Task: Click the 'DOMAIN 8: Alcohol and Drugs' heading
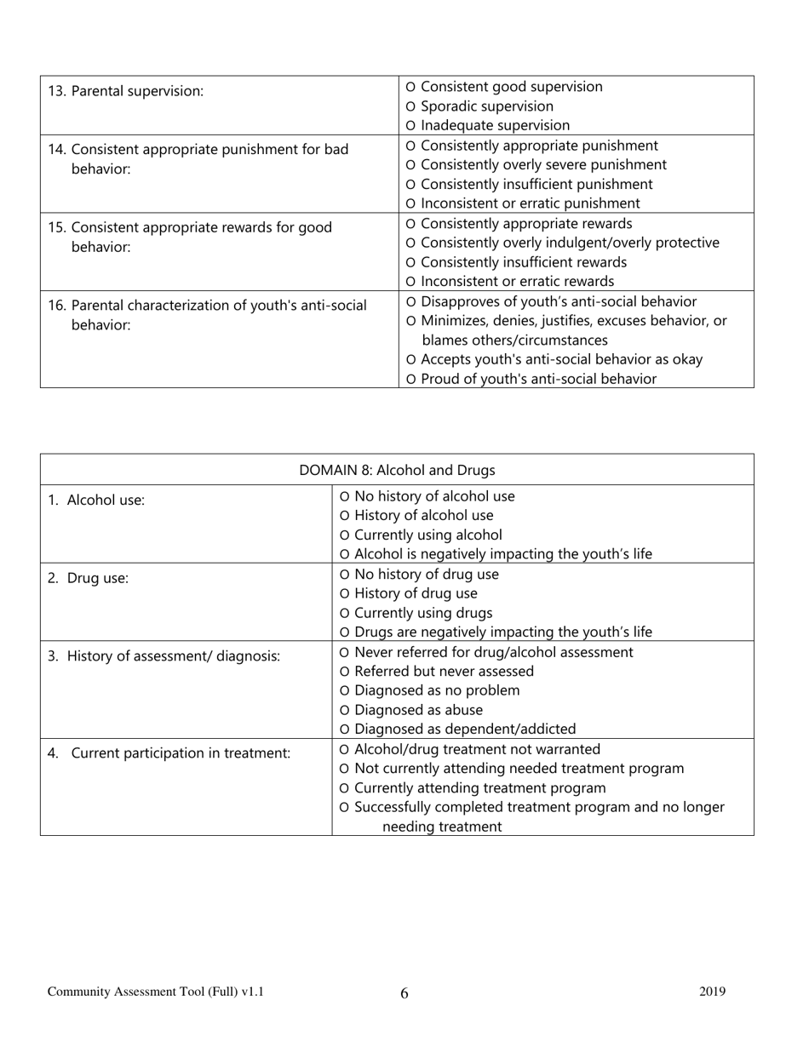(397, 470)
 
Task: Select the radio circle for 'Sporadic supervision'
(411, 107)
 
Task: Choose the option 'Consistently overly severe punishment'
(411, 165)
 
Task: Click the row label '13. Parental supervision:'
(126, 91)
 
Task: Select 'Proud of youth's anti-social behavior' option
(411, 380)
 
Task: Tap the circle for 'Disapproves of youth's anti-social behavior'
(411, 302)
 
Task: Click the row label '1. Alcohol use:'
(96, 501)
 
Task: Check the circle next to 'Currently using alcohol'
(344, 535)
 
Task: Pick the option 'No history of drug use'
(344, 575)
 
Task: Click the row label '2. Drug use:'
(88, 579)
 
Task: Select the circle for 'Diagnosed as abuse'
(344, 711)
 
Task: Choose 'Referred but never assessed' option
(344, 672)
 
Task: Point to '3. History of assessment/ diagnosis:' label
(164, 656)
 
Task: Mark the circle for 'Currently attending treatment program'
(344, 789)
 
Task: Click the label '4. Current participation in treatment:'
(169, 753)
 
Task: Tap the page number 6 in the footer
(404, 993)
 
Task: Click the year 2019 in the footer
(713, 992)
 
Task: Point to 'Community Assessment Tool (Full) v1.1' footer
(156, 992)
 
